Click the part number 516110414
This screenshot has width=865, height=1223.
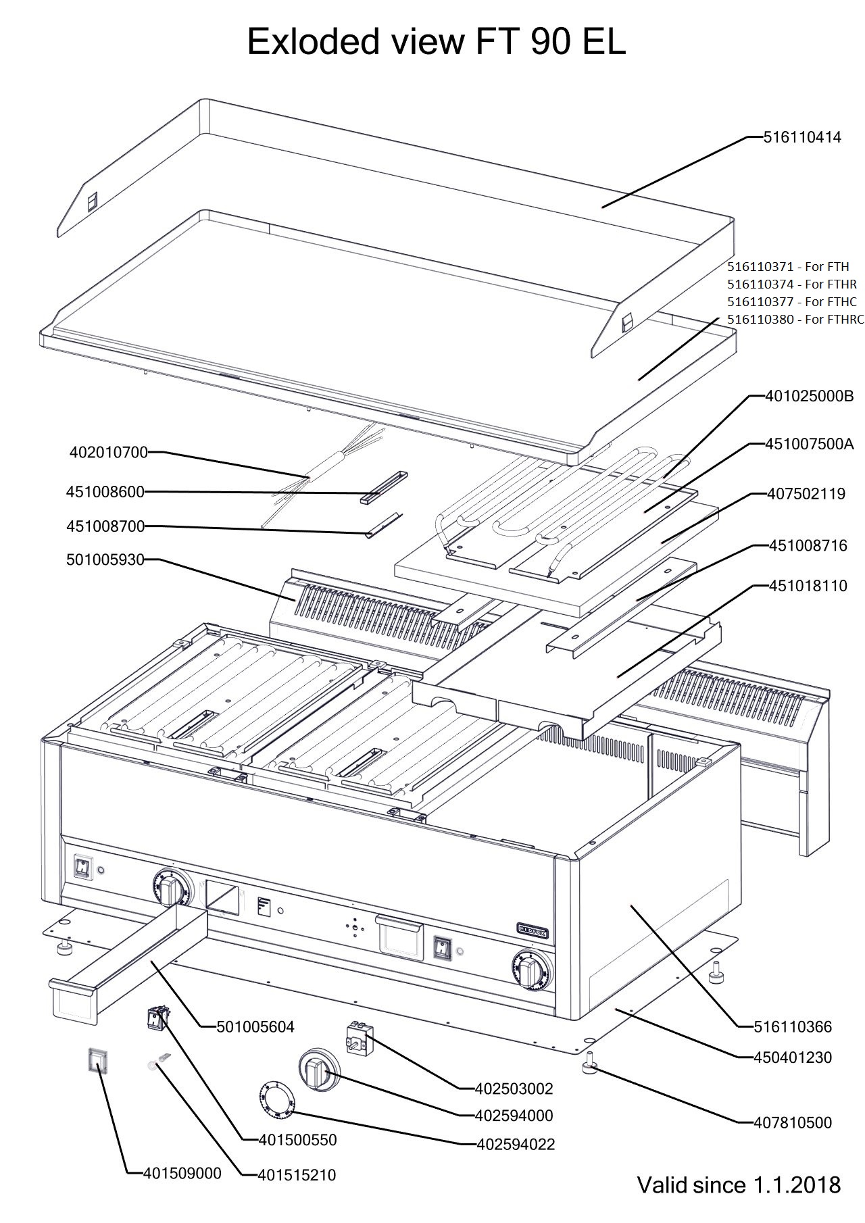pyautogui.click(x=802, y=137)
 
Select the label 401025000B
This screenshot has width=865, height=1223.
pyautogui.click(x=809, y=397)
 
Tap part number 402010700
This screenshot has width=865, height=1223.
pyautogui.click(x=108, y=452)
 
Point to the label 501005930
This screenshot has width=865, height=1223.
pyautogui.click(x=105, y=559)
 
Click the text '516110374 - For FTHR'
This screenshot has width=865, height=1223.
pyautogui.click(x=791, y=284)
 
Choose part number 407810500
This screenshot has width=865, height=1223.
pyautogui.click(x=793, y=1123)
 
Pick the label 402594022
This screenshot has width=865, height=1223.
pyautogui.click(x=516, y=1144)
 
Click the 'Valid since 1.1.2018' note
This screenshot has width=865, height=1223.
pyautogui.click(x=739, y=1184)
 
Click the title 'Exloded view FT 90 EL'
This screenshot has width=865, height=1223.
pyautogui.click(x=436, y=42)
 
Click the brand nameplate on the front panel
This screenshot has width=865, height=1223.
pyautogui.click(x=532, y=931)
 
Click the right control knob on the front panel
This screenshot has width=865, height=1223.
pyautogui.click(x=533, y=971)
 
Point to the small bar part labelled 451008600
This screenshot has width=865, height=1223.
pyautogui.click(x=384, y=487)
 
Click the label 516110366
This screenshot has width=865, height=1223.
pyautogui.click(x=793, y=1027)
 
